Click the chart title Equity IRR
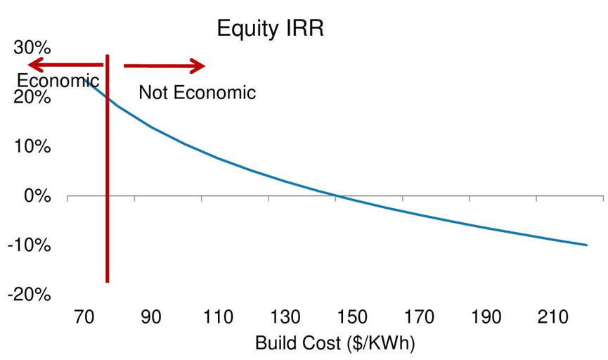(x=271, y=29)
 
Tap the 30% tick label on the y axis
(x=33, y=49)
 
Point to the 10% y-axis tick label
(x=33, y=147)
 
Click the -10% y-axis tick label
(x=30, y=245)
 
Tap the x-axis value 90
(x=151, y=317)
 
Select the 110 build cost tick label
(x=218, y=317)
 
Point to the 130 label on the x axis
(x=285, y=317)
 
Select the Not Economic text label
(x=197, y=92)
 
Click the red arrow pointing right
(x=164, y=66)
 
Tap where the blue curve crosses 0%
(x=337, y=196)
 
